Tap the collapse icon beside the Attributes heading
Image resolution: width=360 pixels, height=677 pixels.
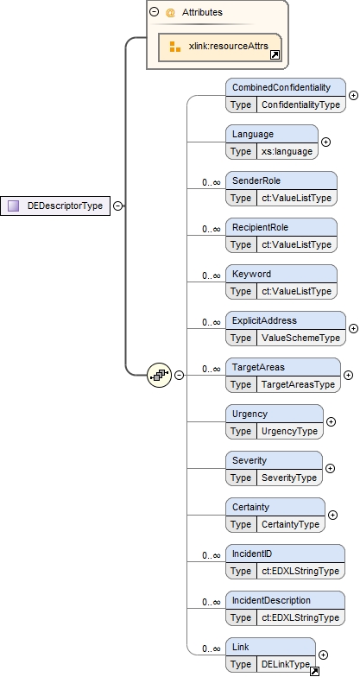pyautogui.click(x=154, y=13)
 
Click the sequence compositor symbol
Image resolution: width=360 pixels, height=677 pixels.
pyautogui.click(x=159, y=375)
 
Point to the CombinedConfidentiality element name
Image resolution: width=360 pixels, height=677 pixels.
pyautogui.click(x=281, y=87)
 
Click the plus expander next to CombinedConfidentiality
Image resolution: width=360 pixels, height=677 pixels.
pyautogui.click(x=353, y=95)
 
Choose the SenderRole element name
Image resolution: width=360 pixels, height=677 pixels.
pyautogui.click(x=256, y=180)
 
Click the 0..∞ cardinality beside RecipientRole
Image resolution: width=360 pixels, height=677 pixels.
pyautogui.click(x=211, y=229)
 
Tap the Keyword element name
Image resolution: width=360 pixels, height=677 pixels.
pyautogui.click(x=251, y=274)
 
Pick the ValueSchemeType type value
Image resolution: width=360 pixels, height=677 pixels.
pyautogui.click(x=300, y=338)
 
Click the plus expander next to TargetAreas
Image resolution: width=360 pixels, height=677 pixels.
pyautogui.click(x=348, y=375)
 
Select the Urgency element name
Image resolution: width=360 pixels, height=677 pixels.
pyautogui.click(x=250, y=414)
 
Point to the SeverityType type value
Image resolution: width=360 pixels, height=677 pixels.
pyautogui.click(x=288, y=478)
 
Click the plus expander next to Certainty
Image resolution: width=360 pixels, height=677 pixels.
pyautogui.click(x=332, y=515)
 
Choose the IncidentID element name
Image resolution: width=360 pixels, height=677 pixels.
pyautogui.click(x=252, y=554)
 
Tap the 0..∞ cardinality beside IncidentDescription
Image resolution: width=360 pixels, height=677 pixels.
pyautogui.click(x=211, y=602)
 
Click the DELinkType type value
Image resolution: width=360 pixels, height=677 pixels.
pyautogui.click(x=285, y=664)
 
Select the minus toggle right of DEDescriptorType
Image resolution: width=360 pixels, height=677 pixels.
pyautogui.click(x=118, y=206)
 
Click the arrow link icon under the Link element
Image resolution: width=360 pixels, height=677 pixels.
pyautogui.click(x=314, y=671)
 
